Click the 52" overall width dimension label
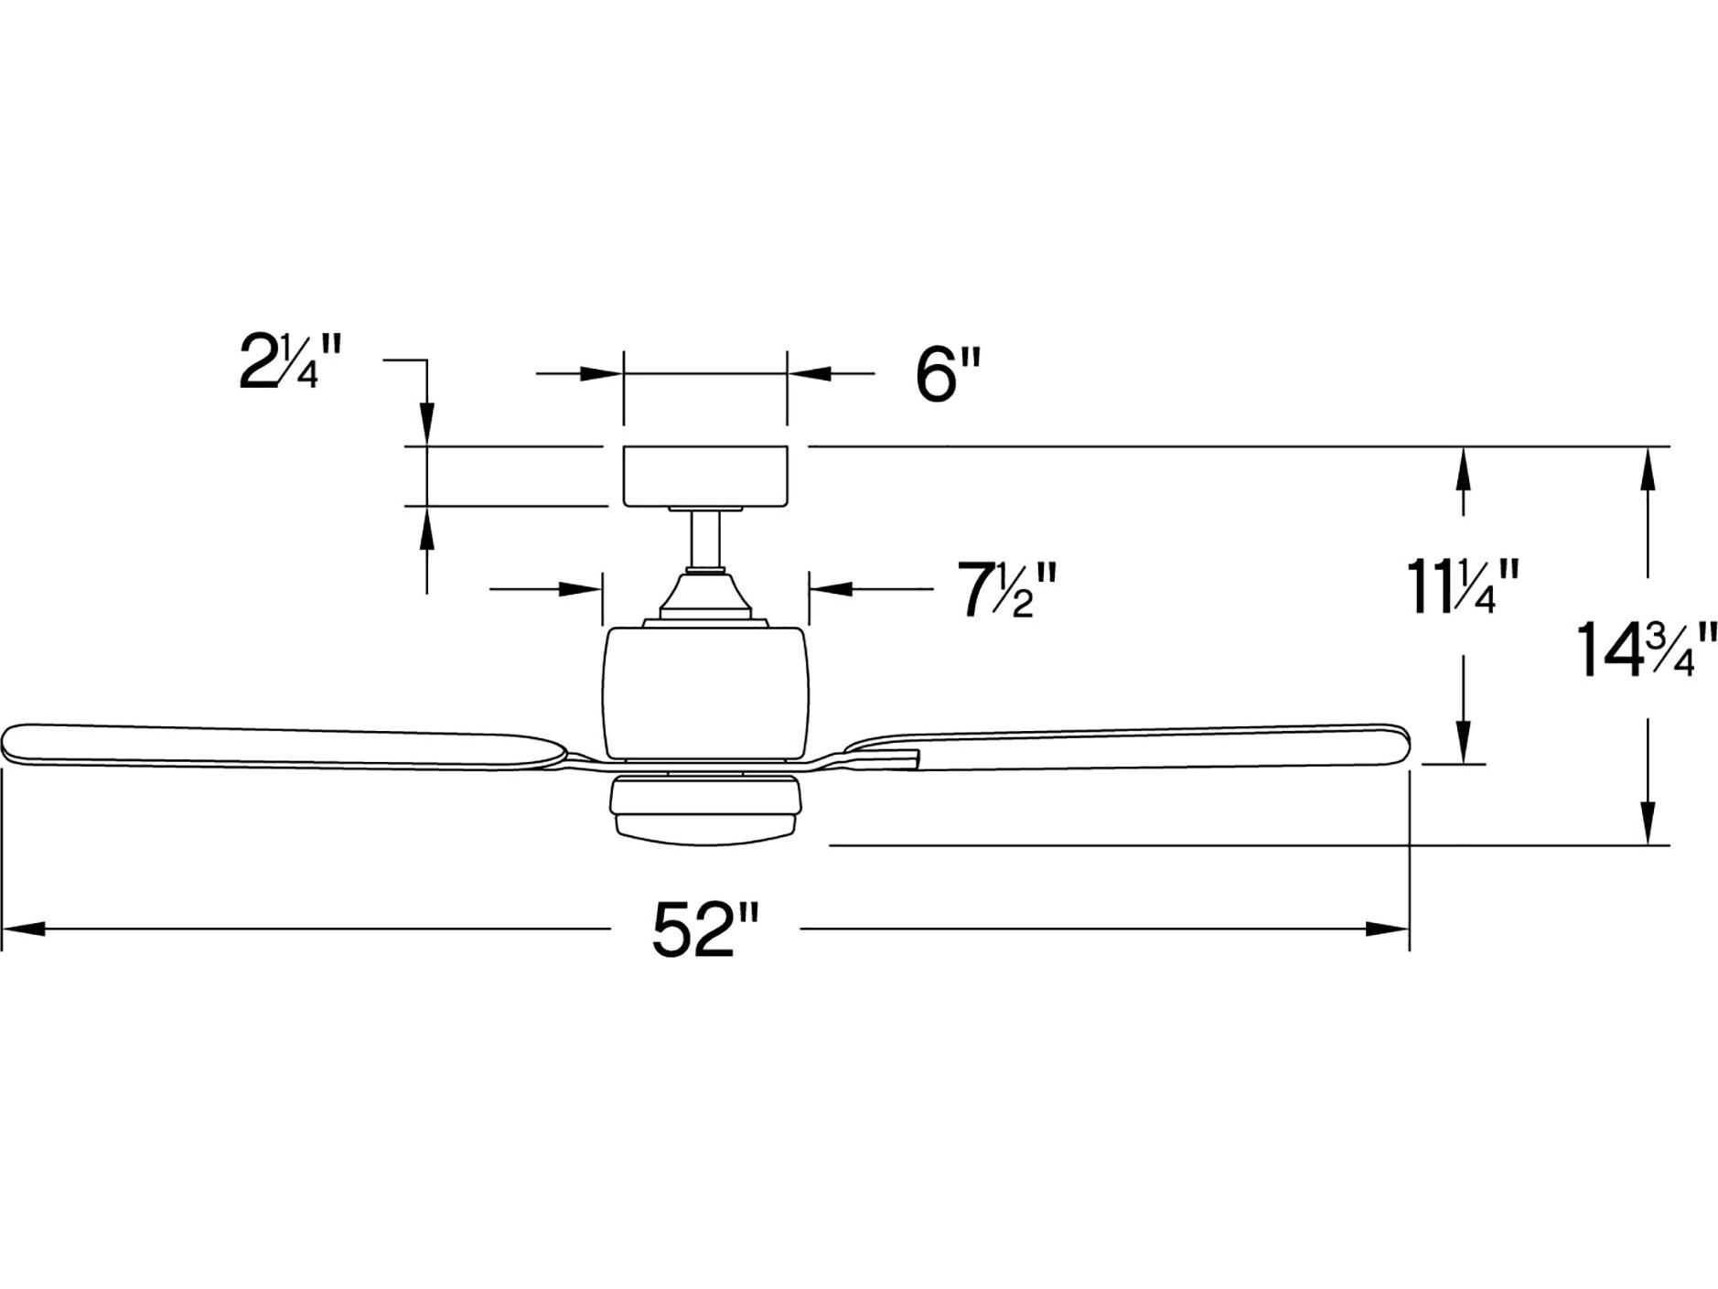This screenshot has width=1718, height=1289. [705, 929]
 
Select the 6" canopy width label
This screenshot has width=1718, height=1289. [948, 375]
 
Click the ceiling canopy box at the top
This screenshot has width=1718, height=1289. [704, 476]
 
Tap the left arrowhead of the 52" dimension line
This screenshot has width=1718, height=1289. [23, 929]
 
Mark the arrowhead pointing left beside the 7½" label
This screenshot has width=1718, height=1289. [831, 589]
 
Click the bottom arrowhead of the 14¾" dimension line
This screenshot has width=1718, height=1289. [1648, 823]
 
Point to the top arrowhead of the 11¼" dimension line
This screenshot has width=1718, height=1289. [1463, 467]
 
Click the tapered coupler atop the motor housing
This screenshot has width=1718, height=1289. [704, 595]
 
